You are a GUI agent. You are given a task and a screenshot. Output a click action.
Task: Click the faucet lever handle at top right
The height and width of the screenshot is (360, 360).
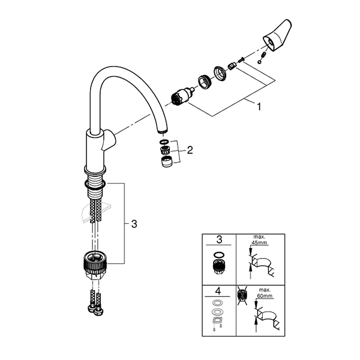pos(277,35)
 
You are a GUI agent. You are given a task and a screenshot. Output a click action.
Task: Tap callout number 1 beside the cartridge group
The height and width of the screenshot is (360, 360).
pos(259,107)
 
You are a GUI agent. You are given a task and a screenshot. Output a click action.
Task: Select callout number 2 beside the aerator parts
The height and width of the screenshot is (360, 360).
pos(190,151)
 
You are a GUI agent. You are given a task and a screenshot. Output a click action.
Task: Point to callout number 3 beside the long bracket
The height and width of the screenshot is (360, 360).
pos(134,224)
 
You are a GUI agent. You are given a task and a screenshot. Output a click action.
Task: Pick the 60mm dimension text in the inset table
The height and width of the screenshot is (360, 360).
pos(265,296)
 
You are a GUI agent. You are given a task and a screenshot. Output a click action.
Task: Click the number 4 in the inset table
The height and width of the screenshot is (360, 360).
pos(218,291)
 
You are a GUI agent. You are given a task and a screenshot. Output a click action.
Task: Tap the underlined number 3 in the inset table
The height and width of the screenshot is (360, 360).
pos(219,239)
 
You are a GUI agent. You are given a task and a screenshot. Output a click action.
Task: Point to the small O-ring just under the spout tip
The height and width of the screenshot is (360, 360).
pos(164,141)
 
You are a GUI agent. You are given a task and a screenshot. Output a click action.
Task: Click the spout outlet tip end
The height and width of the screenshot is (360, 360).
pos(163,131)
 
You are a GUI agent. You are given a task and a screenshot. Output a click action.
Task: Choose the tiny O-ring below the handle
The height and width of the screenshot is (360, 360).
pos(259,62)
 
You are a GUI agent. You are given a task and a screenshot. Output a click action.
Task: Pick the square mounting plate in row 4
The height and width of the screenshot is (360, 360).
pos(216,320)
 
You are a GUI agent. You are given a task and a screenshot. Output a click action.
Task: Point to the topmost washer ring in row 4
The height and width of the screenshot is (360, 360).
pos(216,303)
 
